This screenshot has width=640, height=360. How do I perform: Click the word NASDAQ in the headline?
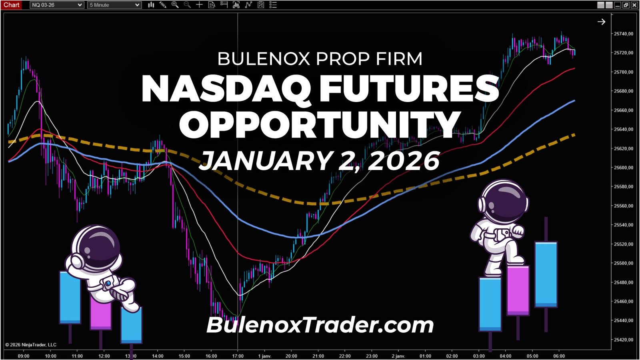(226, 89)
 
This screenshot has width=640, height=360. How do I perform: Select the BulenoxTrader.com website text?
(320, 325)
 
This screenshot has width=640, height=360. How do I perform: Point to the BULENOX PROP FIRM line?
(320, 59)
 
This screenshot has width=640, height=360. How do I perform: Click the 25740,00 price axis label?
(623, 34)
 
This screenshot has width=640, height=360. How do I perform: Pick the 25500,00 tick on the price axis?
(623, 263)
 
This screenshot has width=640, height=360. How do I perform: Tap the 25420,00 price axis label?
(623, 340)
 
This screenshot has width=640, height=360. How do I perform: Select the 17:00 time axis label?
(238, 356)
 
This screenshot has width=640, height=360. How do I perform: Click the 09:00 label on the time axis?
(24, 356)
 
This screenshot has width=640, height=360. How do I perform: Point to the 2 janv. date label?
(398, 356)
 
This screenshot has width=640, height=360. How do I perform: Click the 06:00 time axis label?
(559, 356)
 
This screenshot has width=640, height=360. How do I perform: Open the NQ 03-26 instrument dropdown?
(56, 5)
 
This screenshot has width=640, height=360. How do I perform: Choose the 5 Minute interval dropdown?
(114, 5)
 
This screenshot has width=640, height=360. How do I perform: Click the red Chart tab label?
(11, 5)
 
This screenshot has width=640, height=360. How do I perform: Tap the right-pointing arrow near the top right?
(601, 22)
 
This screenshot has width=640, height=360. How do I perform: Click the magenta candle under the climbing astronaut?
(518, 290)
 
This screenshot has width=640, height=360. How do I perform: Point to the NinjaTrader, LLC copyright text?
(31, 345)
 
